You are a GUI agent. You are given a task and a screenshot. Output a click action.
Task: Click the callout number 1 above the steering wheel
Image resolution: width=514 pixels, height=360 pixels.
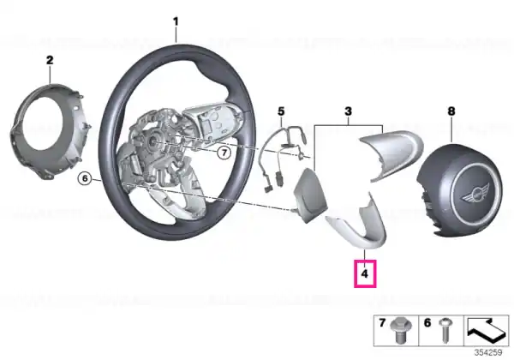176,22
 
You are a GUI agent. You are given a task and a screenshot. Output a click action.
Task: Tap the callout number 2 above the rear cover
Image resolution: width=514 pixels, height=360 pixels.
50,60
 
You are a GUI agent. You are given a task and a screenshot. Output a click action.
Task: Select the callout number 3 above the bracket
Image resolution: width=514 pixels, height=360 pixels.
348,111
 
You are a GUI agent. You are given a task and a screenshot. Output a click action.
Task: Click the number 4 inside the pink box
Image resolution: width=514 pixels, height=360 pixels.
365,273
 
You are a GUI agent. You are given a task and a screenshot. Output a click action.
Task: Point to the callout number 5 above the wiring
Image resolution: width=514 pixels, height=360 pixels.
281,111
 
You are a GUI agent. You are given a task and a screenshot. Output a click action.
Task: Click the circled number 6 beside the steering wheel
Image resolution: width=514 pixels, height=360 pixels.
85,178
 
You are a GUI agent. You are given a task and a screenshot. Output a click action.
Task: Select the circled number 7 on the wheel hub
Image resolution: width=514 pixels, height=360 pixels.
224,153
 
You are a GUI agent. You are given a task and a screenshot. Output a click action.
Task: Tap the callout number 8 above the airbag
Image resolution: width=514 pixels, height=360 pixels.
451,111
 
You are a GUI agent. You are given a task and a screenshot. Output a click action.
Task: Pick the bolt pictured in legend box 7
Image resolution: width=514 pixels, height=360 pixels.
399,330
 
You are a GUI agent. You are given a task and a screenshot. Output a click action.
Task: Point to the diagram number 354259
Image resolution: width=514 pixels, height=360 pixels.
488,352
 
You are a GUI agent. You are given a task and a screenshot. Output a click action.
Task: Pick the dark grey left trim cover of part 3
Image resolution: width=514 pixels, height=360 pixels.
310,195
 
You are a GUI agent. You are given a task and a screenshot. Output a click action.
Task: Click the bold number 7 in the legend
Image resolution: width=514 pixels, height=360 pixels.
382,323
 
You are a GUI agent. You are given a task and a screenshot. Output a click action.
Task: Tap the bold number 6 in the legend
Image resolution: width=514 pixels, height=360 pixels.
427,323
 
